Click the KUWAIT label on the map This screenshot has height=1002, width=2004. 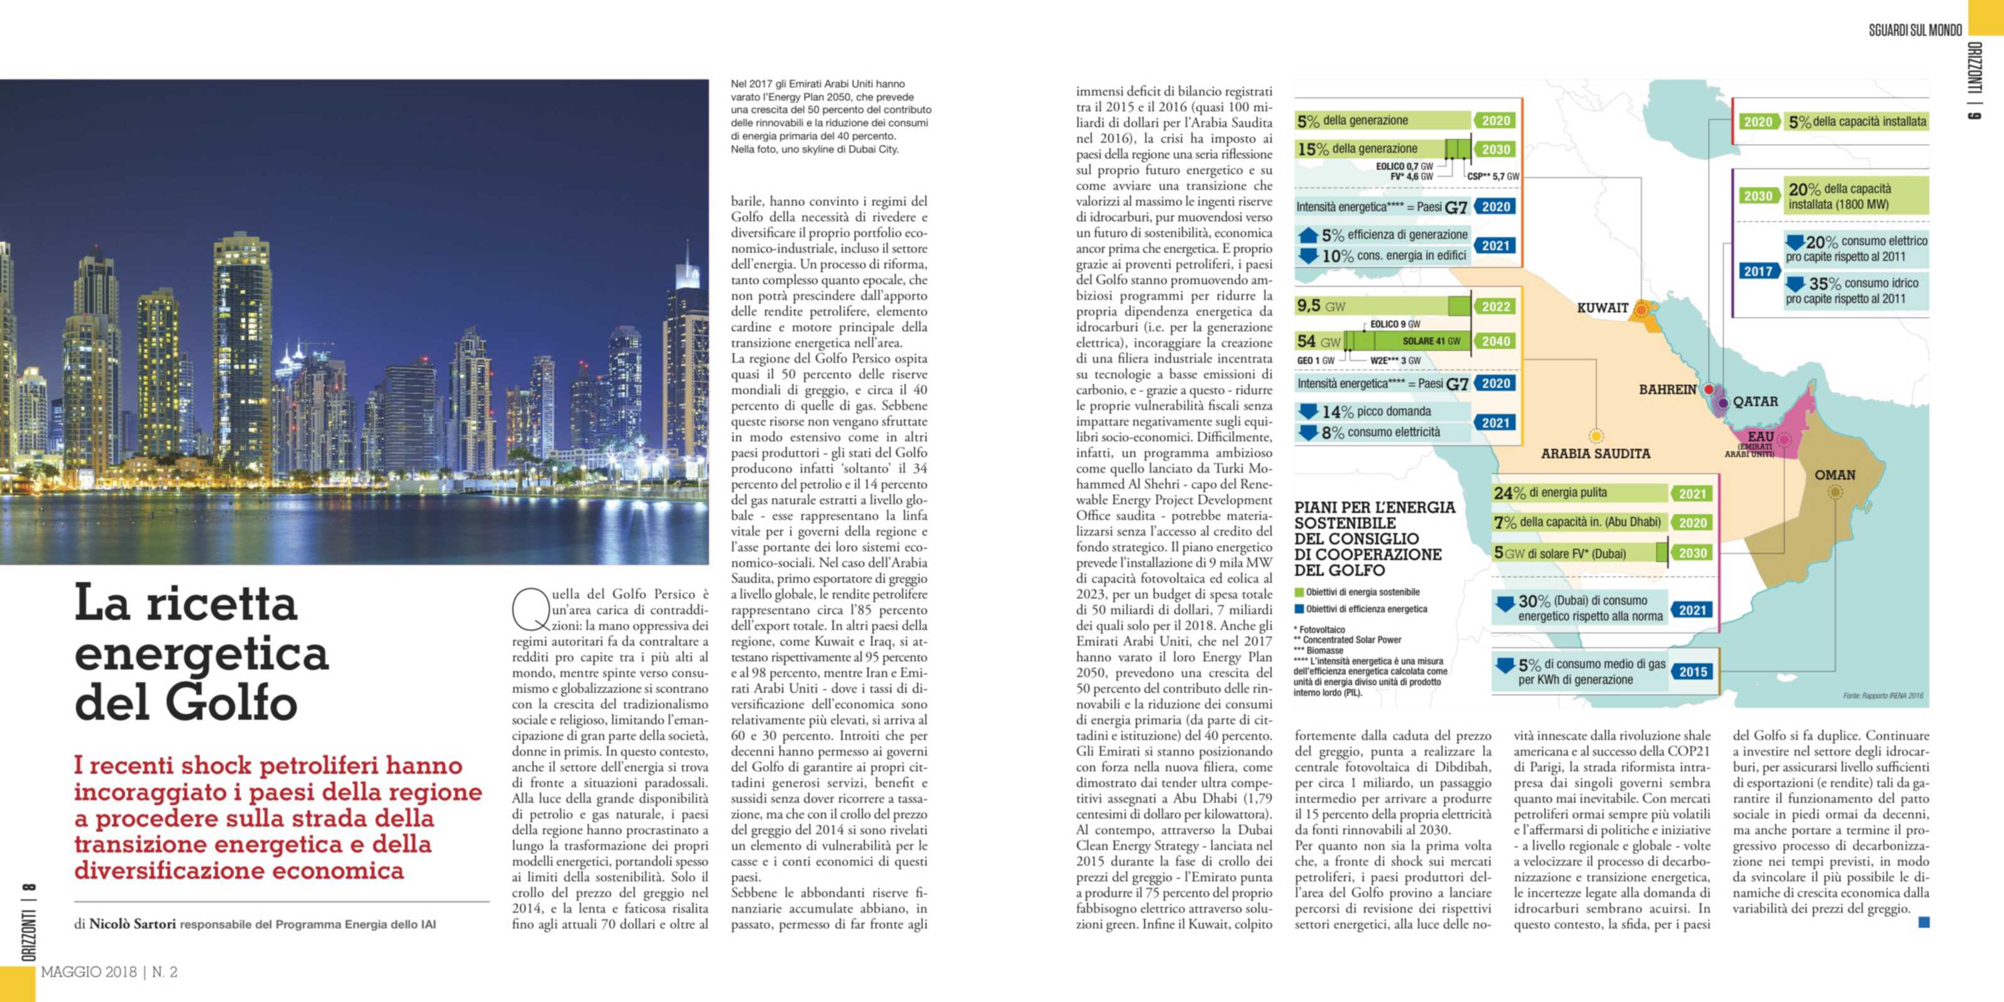click(x=1602, y=307)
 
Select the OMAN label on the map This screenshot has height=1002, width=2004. click(x=1834, y=475)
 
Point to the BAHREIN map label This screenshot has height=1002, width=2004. click(x=1667, y=389)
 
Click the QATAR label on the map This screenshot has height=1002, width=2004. click(x=1755, y=402)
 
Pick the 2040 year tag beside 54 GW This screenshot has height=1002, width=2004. click(x=1495, y=341)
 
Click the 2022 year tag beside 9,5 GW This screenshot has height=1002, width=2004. click(x=1495, y=307)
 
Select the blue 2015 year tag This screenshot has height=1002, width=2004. click(x=1693, y=671)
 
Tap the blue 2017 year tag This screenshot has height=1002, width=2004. click(x=1758, y=272)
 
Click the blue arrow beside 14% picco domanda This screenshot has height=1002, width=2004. click(x=1309, y=410)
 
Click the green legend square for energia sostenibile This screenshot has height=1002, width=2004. click(x=1299, y=592)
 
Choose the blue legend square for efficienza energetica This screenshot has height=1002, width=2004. click(x=1299, y=609)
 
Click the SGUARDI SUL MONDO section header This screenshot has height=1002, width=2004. click(x=1915, y=30)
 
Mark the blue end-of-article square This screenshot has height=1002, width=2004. click(x=1924, y=923)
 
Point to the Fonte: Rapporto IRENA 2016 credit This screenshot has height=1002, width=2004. click(x=1883, y=695)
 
